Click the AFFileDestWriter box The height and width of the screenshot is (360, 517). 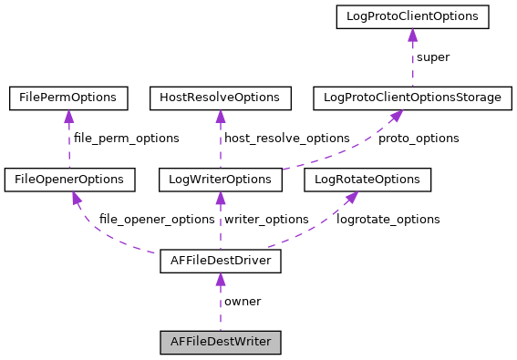[220, 343]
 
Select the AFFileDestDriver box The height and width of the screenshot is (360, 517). [220, 261]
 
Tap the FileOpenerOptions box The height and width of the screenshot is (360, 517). [70, 180]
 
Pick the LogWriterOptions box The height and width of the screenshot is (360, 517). [220, 180]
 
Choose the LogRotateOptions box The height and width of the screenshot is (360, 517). [367, 180]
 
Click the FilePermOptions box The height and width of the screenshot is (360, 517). [68, 97]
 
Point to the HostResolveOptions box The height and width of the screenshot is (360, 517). [220, 97]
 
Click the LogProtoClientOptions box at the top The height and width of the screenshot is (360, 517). [412, 15]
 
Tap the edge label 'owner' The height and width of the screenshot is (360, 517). [243, 302]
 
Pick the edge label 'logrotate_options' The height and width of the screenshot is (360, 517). [388, 220]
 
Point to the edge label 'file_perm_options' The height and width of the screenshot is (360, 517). [126, 139]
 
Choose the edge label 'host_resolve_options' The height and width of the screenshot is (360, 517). [286, 139]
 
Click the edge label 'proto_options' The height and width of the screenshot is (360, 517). [419, 139]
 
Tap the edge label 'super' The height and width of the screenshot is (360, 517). [433, 57]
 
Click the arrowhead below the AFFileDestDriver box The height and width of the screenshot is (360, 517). [220, 280]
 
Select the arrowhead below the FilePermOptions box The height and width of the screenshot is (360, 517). [68, 116]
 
